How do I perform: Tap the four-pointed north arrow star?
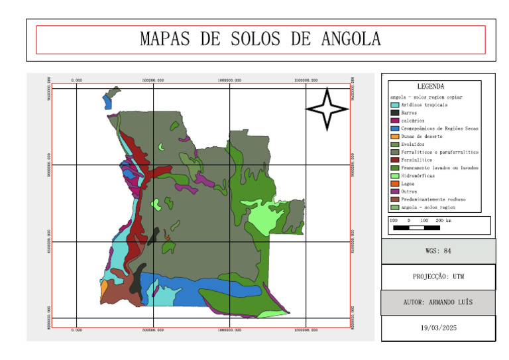pyautogui.click(x=326, y=109)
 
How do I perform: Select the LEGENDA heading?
pyautogui.click(x=431, y=86)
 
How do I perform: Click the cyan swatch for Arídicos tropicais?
pyautogui.click(x=394, y=105)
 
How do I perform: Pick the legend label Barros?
pyautogui.click(x=409, y=113)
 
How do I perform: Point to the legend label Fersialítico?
pyautogui.click(x=416, y=160)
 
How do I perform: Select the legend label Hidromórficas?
pyautogui.click(x=418, y=176)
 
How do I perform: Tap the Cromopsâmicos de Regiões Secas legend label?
pyautogui.click(x=439, y=129)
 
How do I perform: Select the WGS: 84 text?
pyautogui.click(x=438, y=251)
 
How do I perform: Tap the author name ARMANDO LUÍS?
pyautogui.click(x=448, y=302)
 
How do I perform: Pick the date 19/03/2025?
pyautogui.click(x=438, y=328)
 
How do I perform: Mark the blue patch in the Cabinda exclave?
pyautogui.click(x=108, y=101)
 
